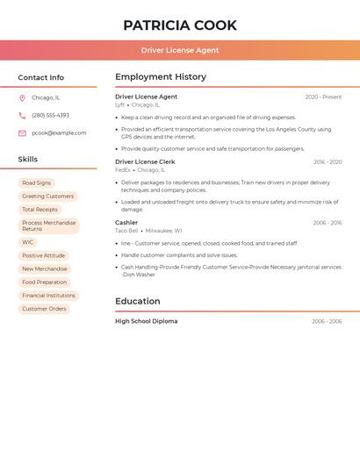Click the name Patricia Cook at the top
(180, 25)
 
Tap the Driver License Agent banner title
(180, 50)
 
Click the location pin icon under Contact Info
(22, 98)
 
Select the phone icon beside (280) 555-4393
(22, 116)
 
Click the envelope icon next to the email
(22, 133)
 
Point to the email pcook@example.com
(59, 133)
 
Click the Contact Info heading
(41, 78)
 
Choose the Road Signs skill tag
(37, 183)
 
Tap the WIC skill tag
(28, 242)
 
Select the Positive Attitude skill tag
(44, 255)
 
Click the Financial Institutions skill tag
(49, 296)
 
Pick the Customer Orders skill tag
(44, 309)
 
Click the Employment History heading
(161, 77)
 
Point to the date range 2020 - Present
(323, 97)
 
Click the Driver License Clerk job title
(145, 162)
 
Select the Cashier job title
(126, 223)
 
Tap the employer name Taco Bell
(126, 231)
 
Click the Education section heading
(137, 302)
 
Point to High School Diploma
(147, 322)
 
